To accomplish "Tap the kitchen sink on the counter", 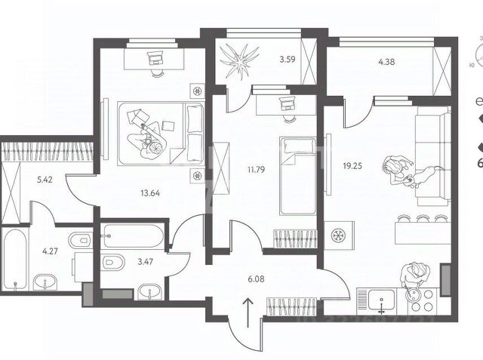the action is (x=382, y=300).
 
